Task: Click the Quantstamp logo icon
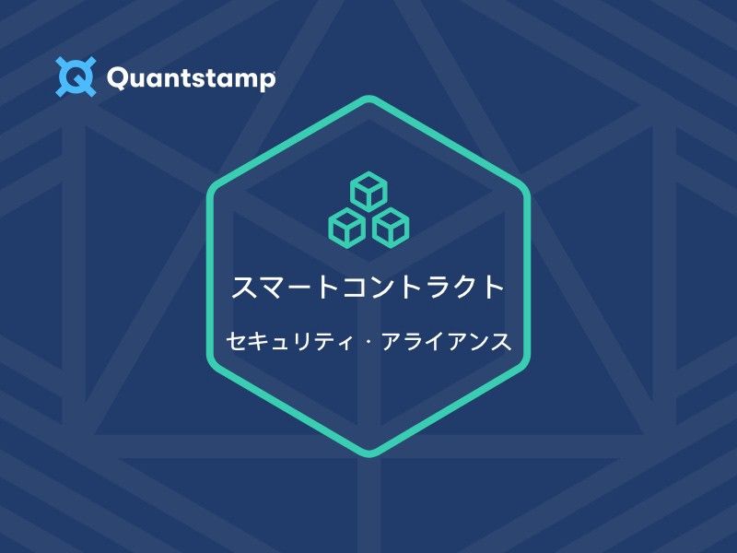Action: click(76, 76)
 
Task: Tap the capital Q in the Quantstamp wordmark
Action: click(120, 78)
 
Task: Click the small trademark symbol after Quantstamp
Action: click(274, 70)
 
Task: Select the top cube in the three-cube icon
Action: click(368, 191)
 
